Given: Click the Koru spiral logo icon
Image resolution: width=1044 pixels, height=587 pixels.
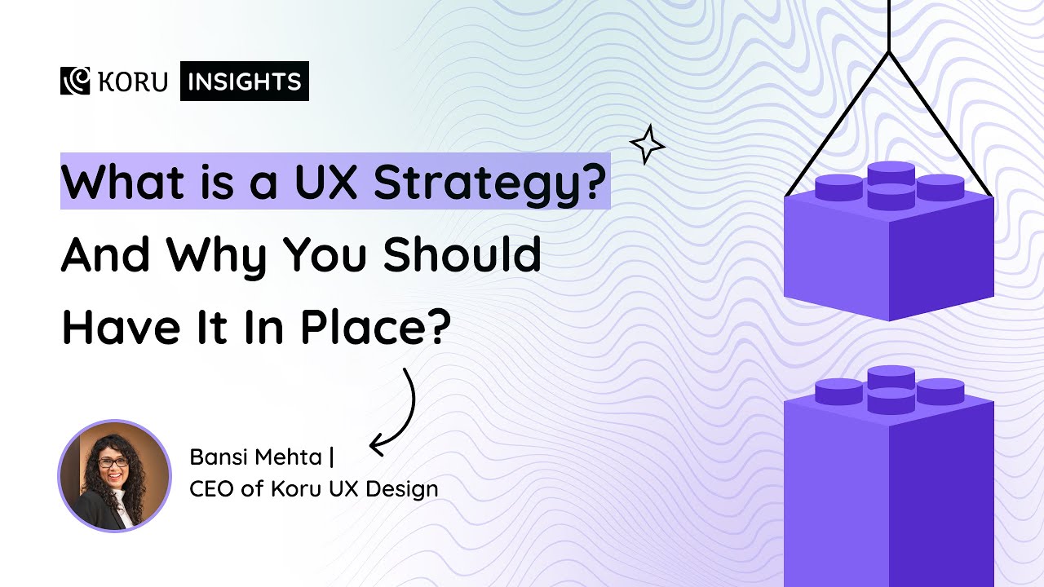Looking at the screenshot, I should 74,81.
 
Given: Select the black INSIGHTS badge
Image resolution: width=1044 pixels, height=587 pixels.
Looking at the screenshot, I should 245,82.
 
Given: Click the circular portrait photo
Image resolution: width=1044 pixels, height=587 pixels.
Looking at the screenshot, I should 114,475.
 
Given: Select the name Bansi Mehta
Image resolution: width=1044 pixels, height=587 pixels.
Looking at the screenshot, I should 255,458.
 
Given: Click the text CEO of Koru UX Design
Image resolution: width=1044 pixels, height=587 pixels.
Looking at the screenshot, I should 314,489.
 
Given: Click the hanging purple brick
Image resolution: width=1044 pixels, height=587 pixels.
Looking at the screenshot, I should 888,245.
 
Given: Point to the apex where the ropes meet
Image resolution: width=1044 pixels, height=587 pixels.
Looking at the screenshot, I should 888,53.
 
